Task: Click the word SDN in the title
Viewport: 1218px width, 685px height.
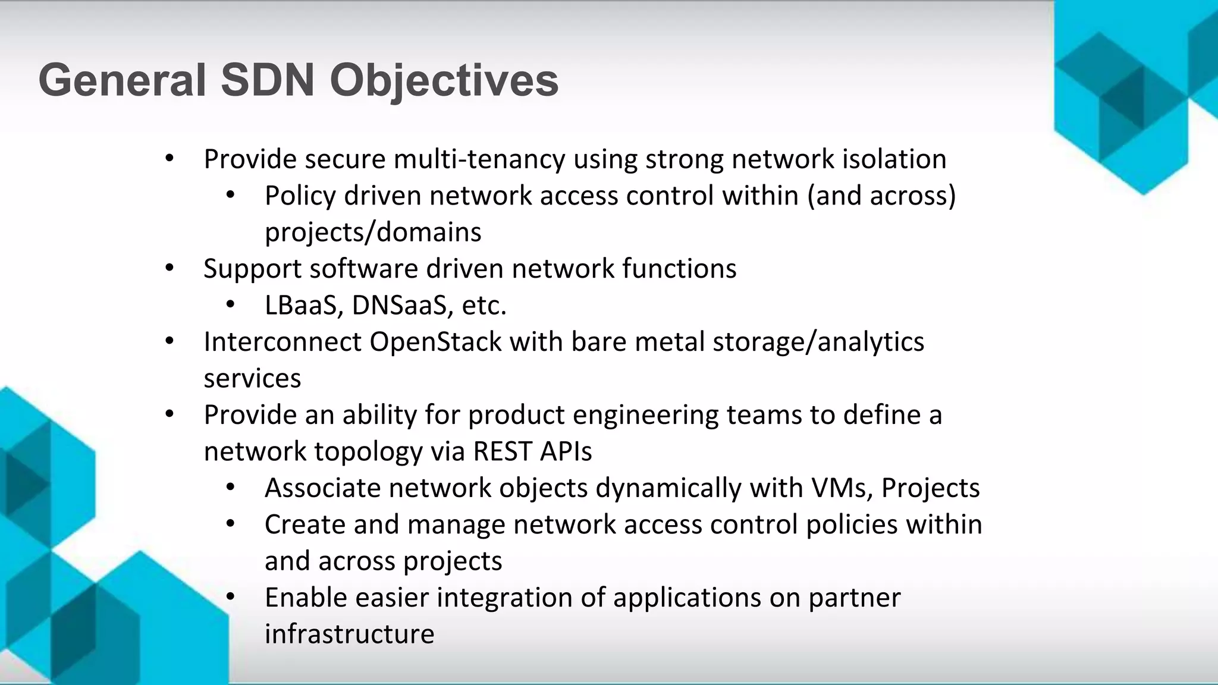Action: click(267, 80)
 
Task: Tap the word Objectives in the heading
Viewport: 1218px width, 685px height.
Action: click(444, 80)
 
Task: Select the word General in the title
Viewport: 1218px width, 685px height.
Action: click(122, 80)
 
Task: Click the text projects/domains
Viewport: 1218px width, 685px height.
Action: click(373, 232)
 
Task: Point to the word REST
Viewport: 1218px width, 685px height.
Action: click(502, 451)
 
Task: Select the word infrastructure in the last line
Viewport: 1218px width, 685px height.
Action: click(349, 634)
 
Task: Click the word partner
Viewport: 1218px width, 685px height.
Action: click(855, 598)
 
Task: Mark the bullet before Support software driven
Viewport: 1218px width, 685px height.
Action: click(169, 269)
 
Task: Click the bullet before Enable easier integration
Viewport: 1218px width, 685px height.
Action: click(231, 597)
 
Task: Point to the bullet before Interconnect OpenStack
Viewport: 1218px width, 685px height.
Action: click(169, 341)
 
